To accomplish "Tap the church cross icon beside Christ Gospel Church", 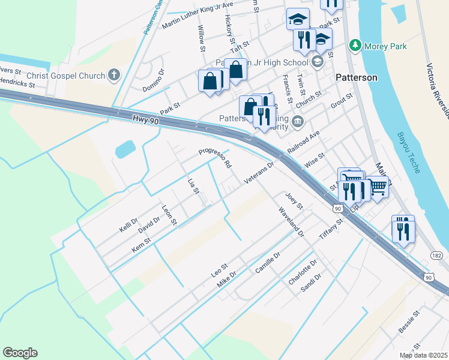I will point(114,75).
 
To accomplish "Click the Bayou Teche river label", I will point(409,153).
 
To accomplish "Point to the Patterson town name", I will point(357,77).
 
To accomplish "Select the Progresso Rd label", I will point(215,157).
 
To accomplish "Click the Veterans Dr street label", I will point(259,172).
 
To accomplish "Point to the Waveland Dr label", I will point(291,222).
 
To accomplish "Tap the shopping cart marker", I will point(378,188).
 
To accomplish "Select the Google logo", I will point(20,353).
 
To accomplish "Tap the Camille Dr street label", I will point(268,262).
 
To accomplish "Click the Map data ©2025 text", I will point(423,355).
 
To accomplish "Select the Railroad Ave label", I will point(305,142).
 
